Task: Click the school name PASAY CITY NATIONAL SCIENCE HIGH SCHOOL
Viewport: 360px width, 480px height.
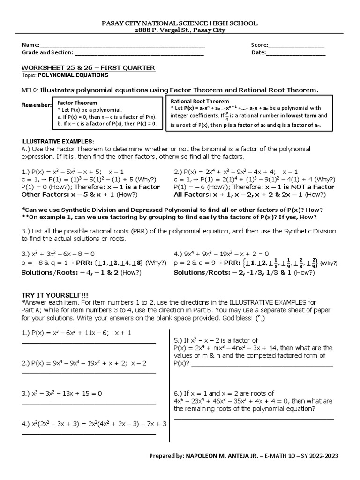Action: point(180,23)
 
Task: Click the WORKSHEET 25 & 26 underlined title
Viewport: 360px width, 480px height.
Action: point(89,68)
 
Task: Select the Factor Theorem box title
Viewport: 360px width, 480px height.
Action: point(77,102)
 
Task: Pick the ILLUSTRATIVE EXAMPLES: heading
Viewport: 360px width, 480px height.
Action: point(58,142)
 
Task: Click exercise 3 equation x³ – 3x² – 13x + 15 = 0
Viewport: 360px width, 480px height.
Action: point(61,393)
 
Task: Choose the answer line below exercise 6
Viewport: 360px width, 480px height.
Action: point(254,418)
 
